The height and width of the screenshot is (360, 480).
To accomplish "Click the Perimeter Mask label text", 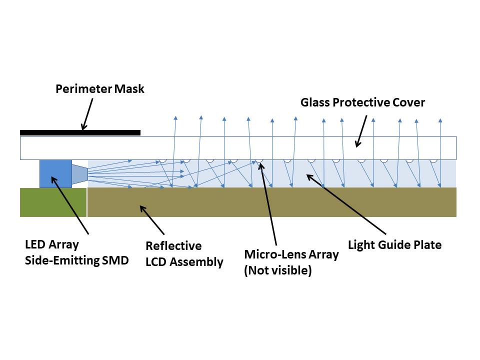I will click(99, 89).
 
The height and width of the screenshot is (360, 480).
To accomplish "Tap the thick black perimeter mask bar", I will click(80, 132).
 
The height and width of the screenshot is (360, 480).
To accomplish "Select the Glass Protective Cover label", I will click(362, 102).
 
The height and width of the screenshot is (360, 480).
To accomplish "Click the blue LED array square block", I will click(55, 174).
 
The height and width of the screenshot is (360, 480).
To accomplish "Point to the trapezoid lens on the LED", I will click(79, 173).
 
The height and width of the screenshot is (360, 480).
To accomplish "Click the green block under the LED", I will click(53, 202).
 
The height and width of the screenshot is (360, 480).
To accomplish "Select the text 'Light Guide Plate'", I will click(394, 245).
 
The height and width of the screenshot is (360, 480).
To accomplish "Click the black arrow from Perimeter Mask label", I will click(88, 114).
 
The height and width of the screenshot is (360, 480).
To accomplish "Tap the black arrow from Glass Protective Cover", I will click(361, 131).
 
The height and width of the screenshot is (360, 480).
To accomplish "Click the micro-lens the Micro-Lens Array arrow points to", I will click(259, 161).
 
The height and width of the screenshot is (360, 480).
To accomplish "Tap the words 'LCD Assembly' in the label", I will click(184, 262).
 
